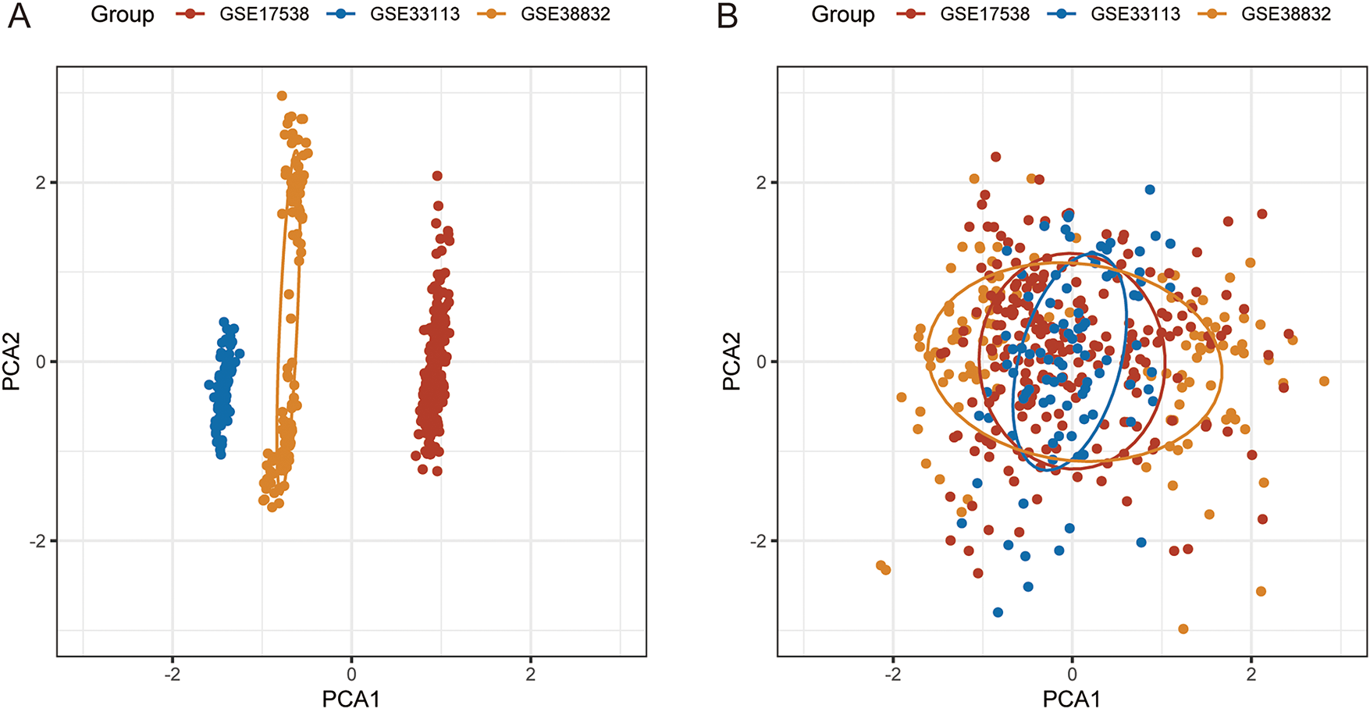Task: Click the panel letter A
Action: point(19,16)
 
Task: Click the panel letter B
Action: point(727,16)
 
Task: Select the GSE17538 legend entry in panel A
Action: point(264,14)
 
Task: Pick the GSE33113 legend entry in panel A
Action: point(415,14)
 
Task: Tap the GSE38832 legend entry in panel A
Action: point(565,14)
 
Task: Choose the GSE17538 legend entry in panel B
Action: point(984,14)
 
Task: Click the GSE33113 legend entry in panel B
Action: point(1135,14)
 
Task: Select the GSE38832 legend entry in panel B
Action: point(1286,14)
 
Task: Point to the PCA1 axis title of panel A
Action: point(351,698)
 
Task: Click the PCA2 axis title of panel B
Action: point(731,362)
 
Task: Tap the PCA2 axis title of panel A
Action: point(11,362)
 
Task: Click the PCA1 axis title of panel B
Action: point(1072,698)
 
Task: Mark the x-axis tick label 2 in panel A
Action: point(531,674)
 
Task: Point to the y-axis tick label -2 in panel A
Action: point(37,541)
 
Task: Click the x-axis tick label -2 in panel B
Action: point(892,674)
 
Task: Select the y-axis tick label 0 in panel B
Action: point(762,362)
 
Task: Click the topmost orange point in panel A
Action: point(282,96)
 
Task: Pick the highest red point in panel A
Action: point(437,176)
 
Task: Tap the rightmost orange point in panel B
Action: point(1324,381)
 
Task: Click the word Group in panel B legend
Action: point(842,14)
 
